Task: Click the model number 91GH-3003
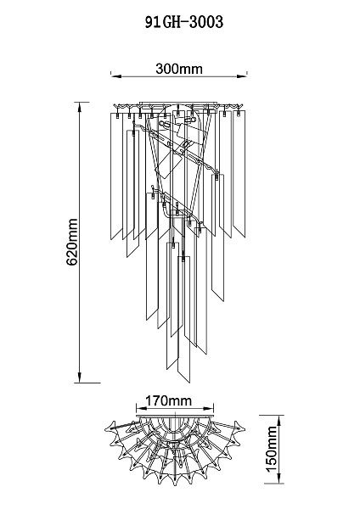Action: tap(184, 22)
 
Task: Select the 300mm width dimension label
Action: tap(179, 69)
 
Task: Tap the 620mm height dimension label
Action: tap(72, 242)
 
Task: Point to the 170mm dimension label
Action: tap(168, 400)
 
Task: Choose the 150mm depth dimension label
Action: tap(272, 450)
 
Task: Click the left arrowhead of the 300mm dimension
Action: tap(116, 76)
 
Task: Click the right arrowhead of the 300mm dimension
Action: tap(242, 76)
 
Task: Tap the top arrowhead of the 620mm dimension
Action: tap(80, 108)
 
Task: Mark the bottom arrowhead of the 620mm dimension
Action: tap(80, 378)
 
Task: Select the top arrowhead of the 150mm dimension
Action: tap(279, 421)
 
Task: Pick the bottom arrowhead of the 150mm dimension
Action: tap(279, 478)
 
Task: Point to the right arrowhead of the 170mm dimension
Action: tap(209, 408)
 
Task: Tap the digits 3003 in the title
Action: tap(206, 22)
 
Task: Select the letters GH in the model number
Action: tap(172, 22)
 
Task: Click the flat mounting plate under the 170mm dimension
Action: tap(175, 416)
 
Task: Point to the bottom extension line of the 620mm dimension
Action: tap(87, 383)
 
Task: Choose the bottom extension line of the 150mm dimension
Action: tap(274, 484)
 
